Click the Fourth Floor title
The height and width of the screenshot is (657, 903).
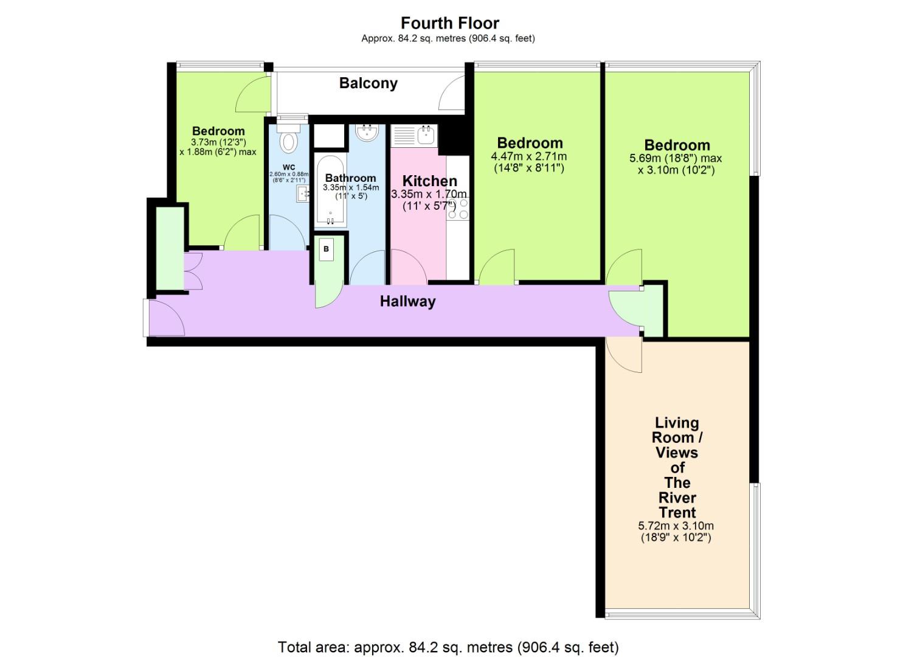coord(449,23)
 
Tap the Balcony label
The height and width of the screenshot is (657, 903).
coord(368,83)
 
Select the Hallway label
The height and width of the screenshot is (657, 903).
coord(407,301)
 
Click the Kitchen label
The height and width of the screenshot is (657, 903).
coord(429,181)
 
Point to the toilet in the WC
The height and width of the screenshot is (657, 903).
coord(288,141)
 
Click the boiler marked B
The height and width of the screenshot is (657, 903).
coord(327,249)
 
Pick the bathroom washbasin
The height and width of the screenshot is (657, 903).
coord(367,132)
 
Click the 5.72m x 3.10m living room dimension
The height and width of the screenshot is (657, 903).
coord(676,526)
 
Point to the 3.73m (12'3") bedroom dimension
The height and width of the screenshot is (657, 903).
coord(218,142)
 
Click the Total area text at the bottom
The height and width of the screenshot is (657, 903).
coord(448,647)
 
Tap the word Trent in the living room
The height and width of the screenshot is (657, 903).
coord(677,512)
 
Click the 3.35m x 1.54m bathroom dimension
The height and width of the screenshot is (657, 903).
coord(350,188)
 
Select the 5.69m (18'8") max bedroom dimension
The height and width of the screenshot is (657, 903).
coord(676,159)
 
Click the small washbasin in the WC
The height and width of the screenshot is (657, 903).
coord(303,194)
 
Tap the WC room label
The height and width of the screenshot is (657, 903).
coord(289,167)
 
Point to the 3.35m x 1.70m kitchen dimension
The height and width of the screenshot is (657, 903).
coord(429,194)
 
